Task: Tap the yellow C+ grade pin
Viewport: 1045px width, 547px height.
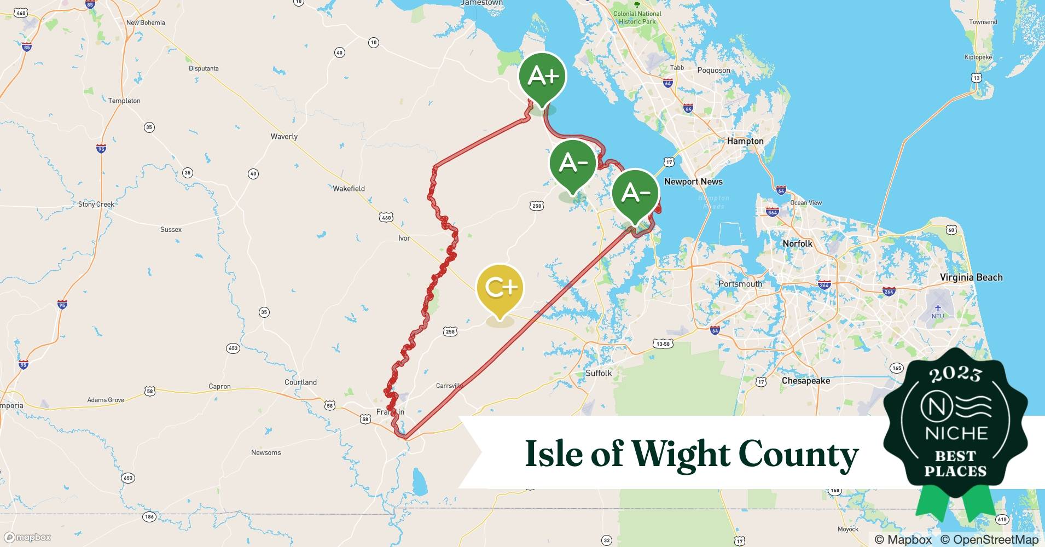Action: [x=500, y=288]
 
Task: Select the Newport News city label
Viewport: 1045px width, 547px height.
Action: [x=693, y=182]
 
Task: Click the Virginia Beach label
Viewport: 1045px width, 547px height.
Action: [x=971, y=277]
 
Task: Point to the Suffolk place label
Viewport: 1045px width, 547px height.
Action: [x=599, y=373]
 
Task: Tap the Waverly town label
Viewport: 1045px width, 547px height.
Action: [x=284, y=137]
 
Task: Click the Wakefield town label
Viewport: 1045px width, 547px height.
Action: [x=349, y=189]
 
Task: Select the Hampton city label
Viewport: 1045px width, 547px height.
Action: [x=745, y=141]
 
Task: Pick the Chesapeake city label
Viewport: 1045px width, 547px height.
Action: [x=805, y=381]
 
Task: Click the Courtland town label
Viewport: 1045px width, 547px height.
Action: [x=300, y=382]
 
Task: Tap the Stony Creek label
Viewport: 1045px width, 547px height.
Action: [x=96, y=205]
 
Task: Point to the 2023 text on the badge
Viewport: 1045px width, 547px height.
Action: [x=955, y=374]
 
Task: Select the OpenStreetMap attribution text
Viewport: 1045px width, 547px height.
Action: [x=989, y=539]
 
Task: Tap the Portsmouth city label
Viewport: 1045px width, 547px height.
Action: [x=740, y=284]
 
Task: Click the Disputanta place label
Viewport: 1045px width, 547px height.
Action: [x=204, y=68]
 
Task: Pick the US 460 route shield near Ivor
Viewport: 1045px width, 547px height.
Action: [x=386, y=218]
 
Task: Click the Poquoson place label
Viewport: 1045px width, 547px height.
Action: [x=713, y=71]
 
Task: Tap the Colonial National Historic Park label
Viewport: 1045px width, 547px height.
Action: [x=637, y=18]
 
